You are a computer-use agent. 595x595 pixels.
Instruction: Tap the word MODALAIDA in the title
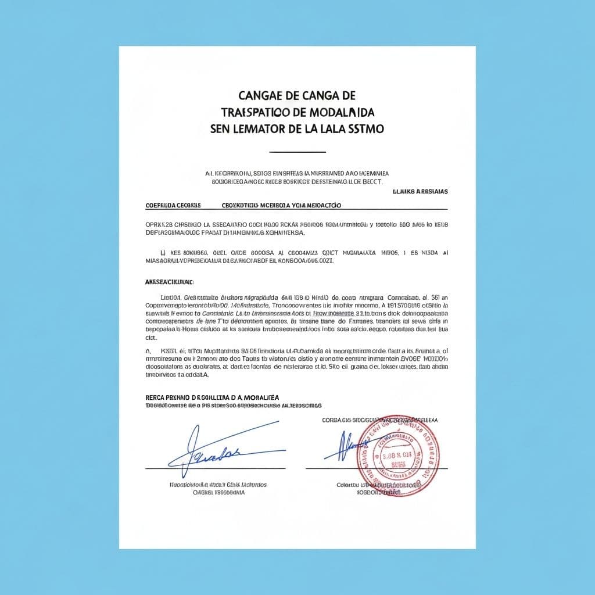[341, 111]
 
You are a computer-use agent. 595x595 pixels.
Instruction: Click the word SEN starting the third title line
[220, 128]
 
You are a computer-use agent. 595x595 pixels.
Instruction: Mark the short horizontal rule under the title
[297, 152]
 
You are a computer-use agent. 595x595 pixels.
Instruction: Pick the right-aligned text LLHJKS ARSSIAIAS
[420, 191]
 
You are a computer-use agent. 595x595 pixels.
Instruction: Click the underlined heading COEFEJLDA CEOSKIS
[173, 205]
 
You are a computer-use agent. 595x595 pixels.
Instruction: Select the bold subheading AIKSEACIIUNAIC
[168, 282]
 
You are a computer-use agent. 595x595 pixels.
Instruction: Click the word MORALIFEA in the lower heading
[258, 397]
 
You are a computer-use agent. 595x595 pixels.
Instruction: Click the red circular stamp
[398, 455]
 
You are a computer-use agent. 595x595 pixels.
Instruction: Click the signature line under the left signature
[215, 468]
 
